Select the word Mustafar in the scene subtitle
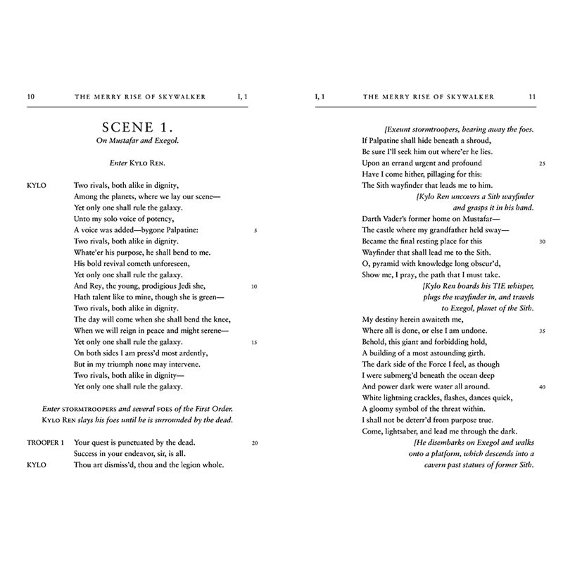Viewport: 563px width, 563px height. [x=124, y=140]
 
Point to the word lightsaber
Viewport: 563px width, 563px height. [x=404, y=431]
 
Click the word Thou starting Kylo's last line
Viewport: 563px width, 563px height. [x=83, y=465]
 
